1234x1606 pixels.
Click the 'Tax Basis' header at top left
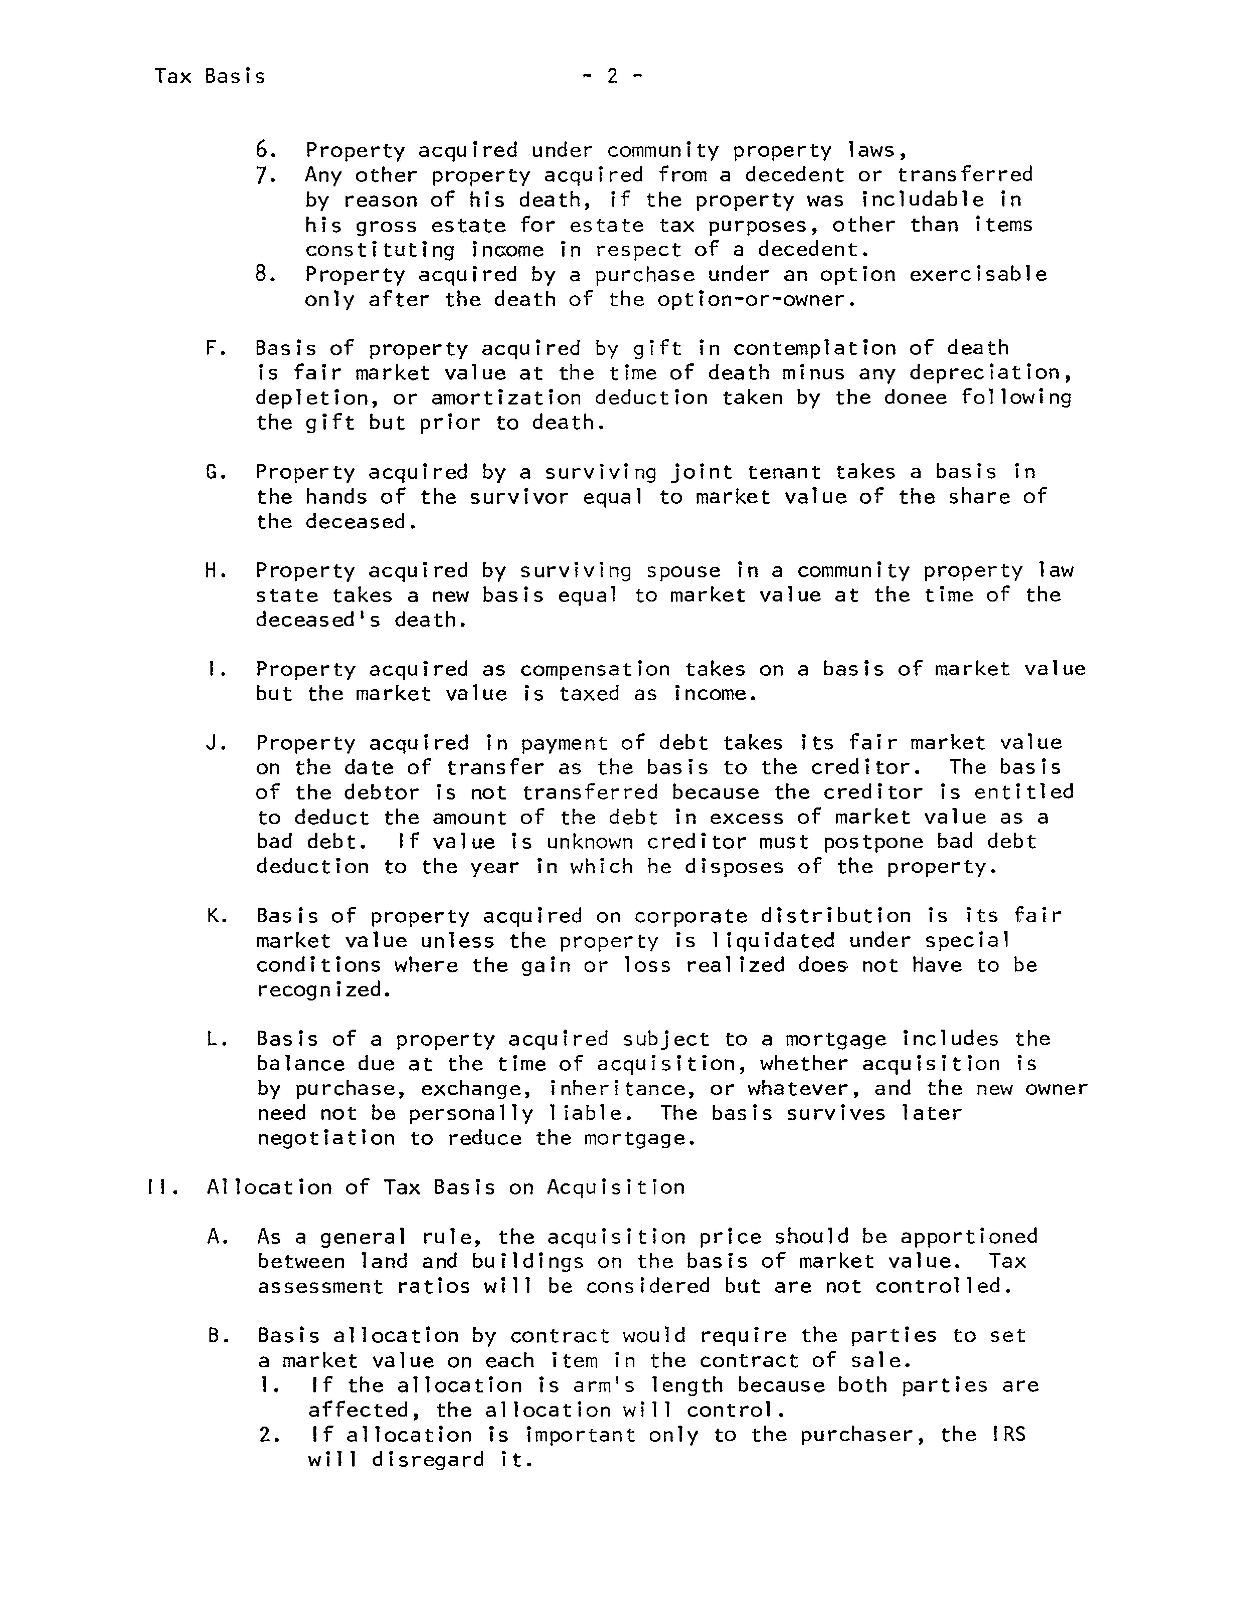pos(210,76)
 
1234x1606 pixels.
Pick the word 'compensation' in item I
pos(595,669)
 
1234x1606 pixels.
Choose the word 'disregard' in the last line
pos(427,1460)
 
